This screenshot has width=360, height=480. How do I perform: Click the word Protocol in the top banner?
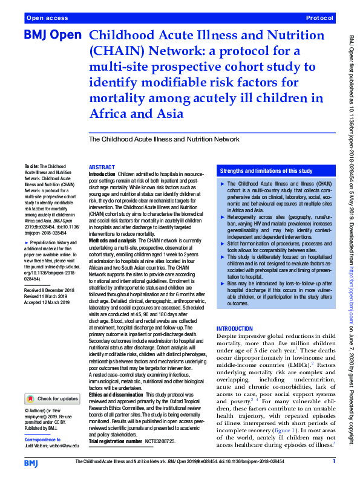(x=321, y=19)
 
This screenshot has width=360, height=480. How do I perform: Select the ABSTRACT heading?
(x=101, y=167)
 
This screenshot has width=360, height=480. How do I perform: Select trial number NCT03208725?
(x=156, y=442)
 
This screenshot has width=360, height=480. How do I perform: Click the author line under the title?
(x=164, y=139)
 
